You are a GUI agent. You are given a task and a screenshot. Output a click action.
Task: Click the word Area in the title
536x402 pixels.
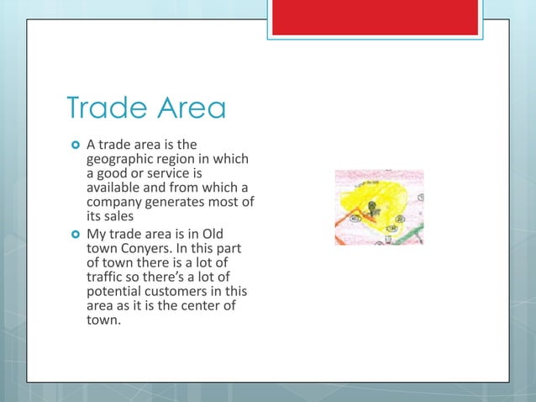click(187, 109)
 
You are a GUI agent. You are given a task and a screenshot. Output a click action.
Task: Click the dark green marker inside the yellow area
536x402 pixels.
click(374, 206)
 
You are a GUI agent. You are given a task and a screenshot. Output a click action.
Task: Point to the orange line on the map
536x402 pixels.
click(346, 225)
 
